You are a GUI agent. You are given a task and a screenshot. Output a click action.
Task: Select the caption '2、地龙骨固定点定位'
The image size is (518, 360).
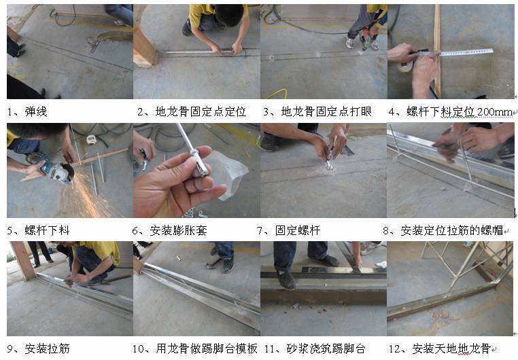[191, 111]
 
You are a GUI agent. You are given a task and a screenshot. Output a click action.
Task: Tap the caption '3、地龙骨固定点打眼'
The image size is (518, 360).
[317, 111]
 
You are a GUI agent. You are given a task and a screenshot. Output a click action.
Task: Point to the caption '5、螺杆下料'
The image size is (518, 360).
[38, 230]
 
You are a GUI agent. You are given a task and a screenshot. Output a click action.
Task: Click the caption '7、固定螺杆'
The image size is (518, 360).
[291, 230]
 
